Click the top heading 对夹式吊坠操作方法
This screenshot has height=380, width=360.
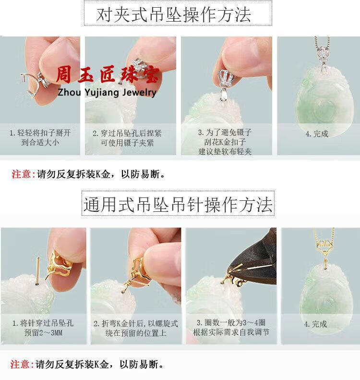point(174,14)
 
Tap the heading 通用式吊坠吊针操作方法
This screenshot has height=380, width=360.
point(178,205)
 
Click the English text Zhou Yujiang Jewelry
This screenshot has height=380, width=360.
point(107,93)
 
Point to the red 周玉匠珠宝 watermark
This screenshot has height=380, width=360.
point(108,74)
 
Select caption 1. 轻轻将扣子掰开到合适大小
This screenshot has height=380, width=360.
point(40,137)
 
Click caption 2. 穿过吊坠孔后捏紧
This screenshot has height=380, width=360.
point(127,133)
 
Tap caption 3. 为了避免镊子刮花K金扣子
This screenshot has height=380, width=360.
point(225,137)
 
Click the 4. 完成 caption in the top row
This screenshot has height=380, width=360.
point(317,134)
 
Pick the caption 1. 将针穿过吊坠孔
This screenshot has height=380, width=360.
point(43,323)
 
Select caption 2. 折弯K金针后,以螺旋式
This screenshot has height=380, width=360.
point(136,323)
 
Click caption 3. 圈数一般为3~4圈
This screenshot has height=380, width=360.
point(231,322)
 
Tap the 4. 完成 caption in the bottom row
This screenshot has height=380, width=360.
point(315,324)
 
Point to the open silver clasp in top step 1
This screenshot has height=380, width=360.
point(35,85)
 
